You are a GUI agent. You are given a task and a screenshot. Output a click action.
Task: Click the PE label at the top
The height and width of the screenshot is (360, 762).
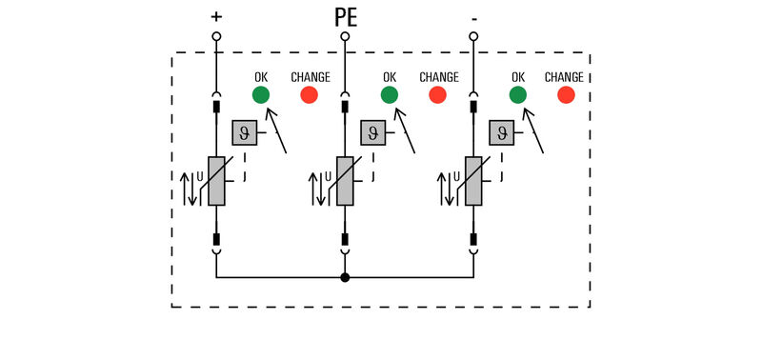[346, 17]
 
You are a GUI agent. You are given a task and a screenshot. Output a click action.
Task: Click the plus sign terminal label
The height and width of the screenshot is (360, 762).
[216, 17]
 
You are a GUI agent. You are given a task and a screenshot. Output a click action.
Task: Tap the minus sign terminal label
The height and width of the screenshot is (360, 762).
[473, 20]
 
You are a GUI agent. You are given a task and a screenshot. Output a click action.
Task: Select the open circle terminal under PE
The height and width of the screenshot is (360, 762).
[345, 36]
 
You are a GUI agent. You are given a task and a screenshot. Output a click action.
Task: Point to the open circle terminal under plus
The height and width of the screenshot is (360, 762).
[216, 36]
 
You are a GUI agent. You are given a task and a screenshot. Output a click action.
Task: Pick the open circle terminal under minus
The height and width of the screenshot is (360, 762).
[473, 36]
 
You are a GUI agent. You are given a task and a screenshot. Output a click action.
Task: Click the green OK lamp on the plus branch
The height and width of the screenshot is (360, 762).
[260, 94]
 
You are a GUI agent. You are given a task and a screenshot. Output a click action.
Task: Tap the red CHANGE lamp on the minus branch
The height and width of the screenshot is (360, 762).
[566, 94]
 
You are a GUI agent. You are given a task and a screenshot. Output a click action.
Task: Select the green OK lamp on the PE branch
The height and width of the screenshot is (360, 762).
[390, 94]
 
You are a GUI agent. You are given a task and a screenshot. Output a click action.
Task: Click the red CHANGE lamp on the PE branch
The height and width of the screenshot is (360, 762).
[438, 94]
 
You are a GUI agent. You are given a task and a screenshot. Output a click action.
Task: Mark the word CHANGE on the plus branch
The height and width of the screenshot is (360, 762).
[311, 77]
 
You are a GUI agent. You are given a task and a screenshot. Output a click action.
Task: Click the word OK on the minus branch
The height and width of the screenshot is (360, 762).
[518, 77]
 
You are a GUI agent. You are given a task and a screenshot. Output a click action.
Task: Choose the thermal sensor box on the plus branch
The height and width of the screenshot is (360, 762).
[245, 132]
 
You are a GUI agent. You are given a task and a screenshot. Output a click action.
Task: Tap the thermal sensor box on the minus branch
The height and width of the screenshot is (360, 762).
[502, 132]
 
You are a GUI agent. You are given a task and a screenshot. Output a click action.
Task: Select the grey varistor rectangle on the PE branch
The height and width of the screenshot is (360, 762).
[345, 181]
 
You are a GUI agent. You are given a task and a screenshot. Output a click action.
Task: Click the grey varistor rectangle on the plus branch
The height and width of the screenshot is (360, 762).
[216, 181]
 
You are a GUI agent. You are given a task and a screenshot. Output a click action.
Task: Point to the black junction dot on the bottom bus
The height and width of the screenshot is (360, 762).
[345, 277]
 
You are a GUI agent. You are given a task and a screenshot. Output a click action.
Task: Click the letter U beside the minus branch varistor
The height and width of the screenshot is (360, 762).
[457, 177]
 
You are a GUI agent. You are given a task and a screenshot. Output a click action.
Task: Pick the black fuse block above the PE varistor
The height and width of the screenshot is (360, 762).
[345, 107]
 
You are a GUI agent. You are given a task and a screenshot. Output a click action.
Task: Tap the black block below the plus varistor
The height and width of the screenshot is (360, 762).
[216, 239]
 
